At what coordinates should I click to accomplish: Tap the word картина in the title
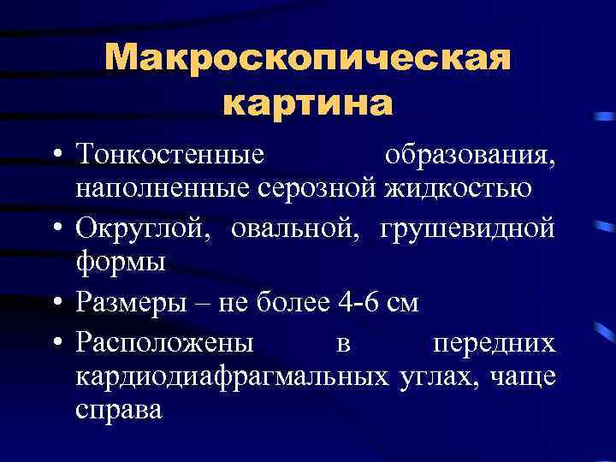click(308, 103)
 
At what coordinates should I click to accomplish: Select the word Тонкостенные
click(169, 157)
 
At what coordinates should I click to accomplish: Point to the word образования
click(470, 157)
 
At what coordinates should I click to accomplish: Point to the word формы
click(120, 262)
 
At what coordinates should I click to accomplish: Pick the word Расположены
click(163, 343)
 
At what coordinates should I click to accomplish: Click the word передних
click(493, 343)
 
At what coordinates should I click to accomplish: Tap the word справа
click(118, 409)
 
